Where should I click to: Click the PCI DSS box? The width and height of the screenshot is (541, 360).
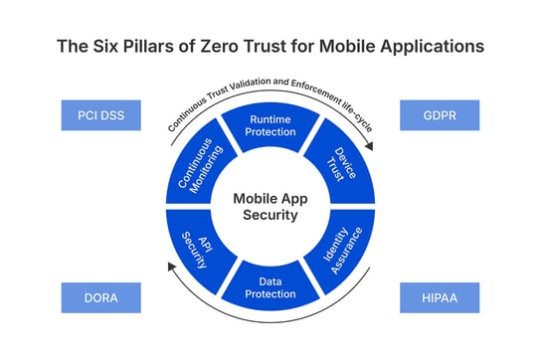point(100,115)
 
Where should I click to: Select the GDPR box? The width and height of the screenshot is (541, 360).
point(439,115)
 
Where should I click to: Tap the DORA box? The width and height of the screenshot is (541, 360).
point(100,296)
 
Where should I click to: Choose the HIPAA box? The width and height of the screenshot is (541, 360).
point(439,296)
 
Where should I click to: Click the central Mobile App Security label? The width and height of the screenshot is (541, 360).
point(270,206)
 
